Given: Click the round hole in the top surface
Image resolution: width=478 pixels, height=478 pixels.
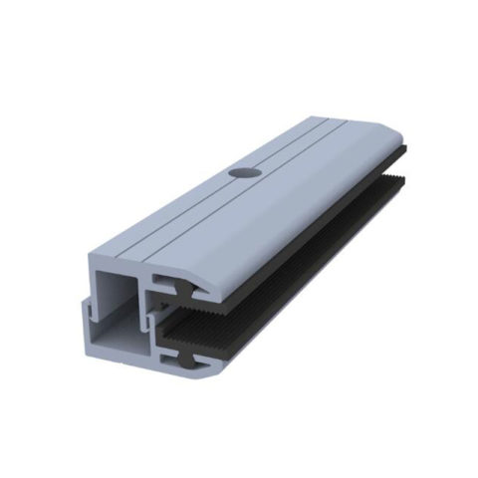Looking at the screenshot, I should pyautogui.click(x=239, y=171).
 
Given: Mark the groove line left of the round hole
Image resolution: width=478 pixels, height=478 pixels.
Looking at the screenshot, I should pyautogui.click(x=204, y=180).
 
